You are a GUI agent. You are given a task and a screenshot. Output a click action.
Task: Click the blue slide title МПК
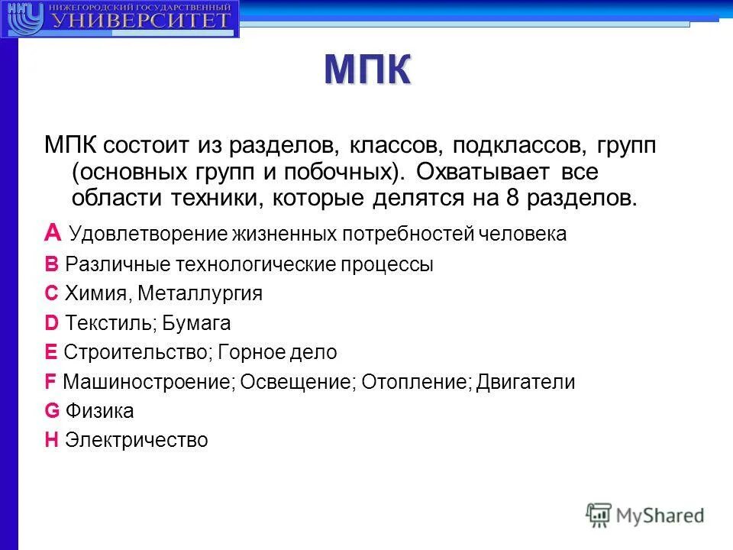(x=367, y=70)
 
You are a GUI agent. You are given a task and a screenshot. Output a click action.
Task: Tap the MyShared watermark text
(x=660, y=516)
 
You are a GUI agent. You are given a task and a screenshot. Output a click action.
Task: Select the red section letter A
(x=52, y=233)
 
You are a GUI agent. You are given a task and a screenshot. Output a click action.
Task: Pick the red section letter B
(x=51, y=264)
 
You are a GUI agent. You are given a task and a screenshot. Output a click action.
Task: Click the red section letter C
(x=51, y=294)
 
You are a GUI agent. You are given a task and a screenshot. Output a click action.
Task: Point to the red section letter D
(x=51, y=323)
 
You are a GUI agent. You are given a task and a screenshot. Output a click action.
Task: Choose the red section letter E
(x=51, y=352)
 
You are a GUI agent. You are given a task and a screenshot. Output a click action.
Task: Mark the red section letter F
(x=50, y=382)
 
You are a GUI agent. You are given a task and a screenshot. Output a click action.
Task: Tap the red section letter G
(x=52, y=411)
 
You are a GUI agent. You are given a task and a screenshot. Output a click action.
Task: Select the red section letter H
(x=51, y=440)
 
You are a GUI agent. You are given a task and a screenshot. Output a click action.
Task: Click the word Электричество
(x=137, y=441)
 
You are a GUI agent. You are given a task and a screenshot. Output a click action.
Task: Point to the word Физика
(x=99, y=412)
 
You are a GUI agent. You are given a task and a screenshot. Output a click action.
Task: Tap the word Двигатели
(x=525, y=382)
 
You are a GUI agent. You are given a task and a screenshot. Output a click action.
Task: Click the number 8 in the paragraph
(x=512, y=199)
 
